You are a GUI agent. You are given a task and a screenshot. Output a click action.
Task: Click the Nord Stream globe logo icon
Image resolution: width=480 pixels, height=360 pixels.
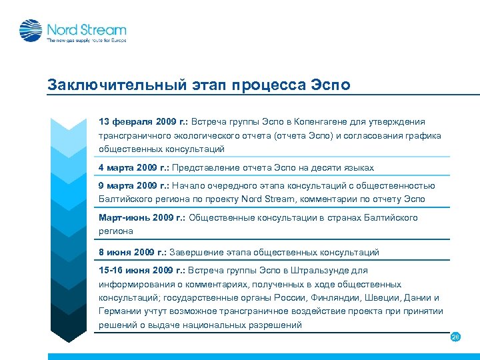click(x=31, y=31)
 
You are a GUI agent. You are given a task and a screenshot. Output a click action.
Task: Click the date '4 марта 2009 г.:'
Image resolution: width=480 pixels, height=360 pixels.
click(x=133, y=167)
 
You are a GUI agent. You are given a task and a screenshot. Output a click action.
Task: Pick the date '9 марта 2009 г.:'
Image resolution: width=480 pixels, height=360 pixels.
click(x=133, y=186)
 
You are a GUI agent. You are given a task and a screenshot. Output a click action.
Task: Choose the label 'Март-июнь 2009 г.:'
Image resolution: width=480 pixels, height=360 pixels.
click(x=143, y=218)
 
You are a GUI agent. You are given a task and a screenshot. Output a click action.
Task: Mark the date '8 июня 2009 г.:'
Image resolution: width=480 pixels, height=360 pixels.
click(x=133, y=253)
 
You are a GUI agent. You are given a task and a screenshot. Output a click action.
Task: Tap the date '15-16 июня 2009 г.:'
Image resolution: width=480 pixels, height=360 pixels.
click(x=142, y=271)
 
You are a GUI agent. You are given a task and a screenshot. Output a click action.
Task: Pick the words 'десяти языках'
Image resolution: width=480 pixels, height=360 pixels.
click(x=344, y=167)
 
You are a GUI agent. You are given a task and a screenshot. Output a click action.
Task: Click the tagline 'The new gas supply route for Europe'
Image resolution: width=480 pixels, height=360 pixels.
click(x=85, y=41)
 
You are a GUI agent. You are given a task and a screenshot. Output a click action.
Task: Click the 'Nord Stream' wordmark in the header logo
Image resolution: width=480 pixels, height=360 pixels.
click(x=86, y=29)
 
